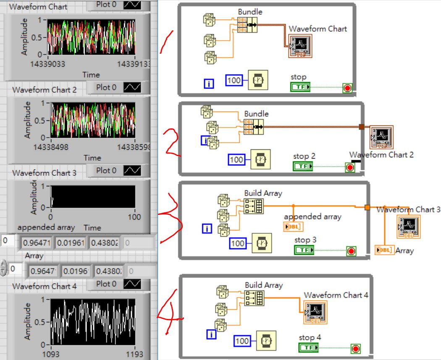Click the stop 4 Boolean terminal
click(x=309, y=348)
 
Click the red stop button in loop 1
click(x=348, y=88)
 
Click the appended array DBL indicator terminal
click(x=294, y=227)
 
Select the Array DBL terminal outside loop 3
click(x=383, y=250)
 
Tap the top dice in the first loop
click(x=209, y=19)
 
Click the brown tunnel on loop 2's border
click(x=361, y=127)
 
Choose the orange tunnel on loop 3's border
click(x=367, y=207)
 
